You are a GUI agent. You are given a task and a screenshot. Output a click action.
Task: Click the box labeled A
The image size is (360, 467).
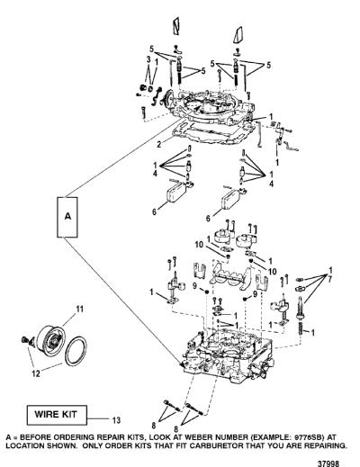click(67, 217)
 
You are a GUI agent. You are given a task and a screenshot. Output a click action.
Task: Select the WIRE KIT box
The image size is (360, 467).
click(57, 415)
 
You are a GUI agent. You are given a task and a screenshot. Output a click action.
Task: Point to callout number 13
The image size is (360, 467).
click(116, 420)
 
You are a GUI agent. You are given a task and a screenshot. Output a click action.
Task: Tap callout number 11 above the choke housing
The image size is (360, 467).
click(79, 309)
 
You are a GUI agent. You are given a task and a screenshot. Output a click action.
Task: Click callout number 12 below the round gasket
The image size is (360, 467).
click(36, 373)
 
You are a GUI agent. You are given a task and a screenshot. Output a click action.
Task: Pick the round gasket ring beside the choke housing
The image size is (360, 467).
click(76, 352)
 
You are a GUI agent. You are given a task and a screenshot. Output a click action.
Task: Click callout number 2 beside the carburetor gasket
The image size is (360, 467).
click(159, 144)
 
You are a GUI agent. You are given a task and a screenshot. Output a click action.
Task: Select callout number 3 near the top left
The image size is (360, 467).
click(148, 59)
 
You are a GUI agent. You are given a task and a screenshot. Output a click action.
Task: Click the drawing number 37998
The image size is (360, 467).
click(328, 463)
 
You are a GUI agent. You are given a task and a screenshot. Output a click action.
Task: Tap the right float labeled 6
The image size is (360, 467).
click(232, 199)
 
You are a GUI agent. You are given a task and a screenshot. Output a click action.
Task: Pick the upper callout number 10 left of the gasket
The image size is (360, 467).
click(199, 245)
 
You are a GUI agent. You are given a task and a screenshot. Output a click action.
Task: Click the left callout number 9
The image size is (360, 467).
click(195, 286)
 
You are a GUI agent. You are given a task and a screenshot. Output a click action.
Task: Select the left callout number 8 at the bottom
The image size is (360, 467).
click(153, 426)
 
